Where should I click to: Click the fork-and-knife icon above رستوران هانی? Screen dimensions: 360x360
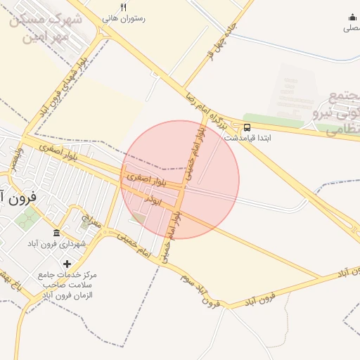(x=124, y=7)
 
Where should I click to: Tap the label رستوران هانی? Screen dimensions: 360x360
(x=124, y=18)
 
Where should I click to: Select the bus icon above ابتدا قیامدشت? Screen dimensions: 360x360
(x=247, y=128)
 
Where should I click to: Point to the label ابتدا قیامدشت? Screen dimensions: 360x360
(x=247, y=139)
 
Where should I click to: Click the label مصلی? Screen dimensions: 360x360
(x=352, y=28)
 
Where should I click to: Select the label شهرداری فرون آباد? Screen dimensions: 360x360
(x=56, y=243)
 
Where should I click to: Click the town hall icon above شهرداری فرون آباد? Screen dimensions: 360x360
(x=56, y=233)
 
